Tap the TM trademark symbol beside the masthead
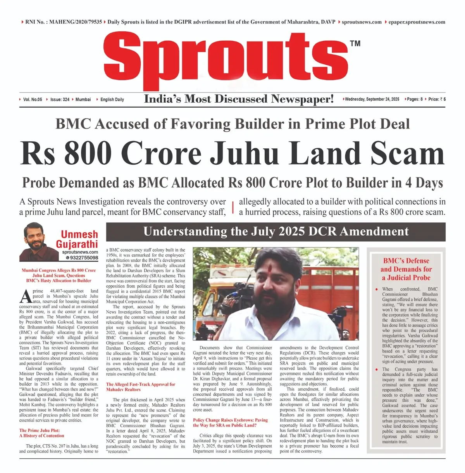tap(355, 43)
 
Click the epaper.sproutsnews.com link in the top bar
tap(417, 22)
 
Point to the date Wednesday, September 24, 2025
tap(372, 100)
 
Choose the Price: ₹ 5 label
tap(437, 100)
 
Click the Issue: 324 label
tap(60, 100)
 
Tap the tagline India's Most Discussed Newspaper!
tap(239, 99)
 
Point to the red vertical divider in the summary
tap(232, 207)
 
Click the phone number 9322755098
tap(82, 258)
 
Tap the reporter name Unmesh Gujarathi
tap(79, 239)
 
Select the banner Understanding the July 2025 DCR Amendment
tap(276, 232)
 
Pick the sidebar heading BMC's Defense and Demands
tap(406, 269)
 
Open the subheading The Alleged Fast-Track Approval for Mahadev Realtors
tap(141, 387)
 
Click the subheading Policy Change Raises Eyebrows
tap(230, 423)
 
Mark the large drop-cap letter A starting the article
tap(25, 296)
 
